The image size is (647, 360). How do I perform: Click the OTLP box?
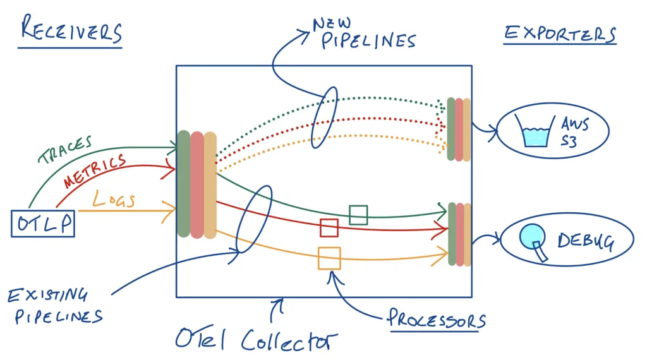pos(43,224)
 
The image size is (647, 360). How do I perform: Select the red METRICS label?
pos(95,171)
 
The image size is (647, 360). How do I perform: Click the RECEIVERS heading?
pos(71,30)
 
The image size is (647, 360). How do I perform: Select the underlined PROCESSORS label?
pos(437,319)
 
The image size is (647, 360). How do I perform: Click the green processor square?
pos(358,215)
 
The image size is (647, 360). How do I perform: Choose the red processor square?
pos(329,227)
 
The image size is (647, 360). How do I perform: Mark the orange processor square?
pos(329,258)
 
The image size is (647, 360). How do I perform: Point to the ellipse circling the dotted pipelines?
pos(325,117)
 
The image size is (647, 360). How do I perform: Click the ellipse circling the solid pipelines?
pos(253,219)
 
